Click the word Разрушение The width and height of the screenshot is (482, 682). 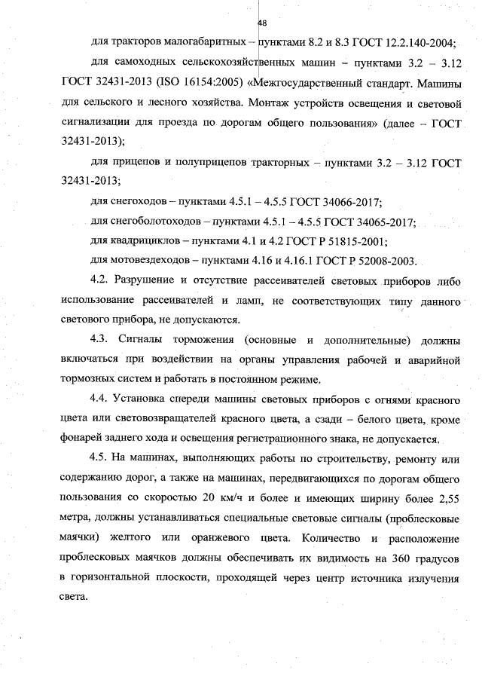pos(146,281)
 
